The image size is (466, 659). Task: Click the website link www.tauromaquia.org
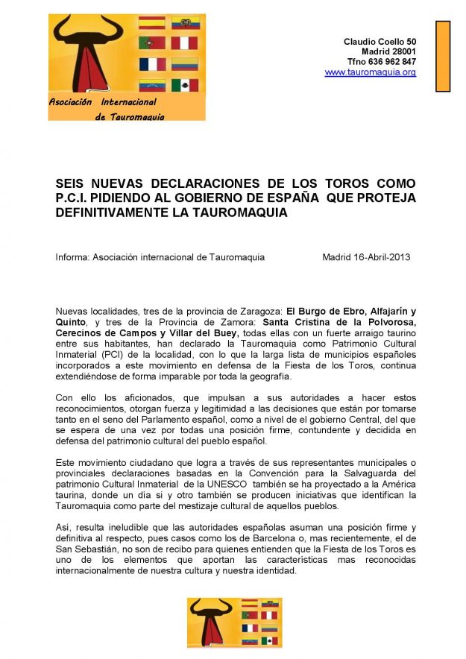(x=370, y=72)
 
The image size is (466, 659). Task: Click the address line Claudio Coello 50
(x=380, y=40)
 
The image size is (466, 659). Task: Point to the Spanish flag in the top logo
(x=152, y=22)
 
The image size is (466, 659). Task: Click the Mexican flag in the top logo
(x=185, y=85)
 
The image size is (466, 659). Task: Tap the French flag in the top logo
(x=152, y=64)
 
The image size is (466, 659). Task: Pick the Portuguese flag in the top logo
(x=152, y=43)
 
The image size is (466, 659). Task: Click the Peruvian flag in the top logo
(x=185, y=43)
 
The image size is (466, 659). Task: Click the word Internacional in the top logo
(x=128, y=102)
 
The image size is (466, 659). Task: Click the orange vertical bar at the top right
(x=443, y=56)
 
